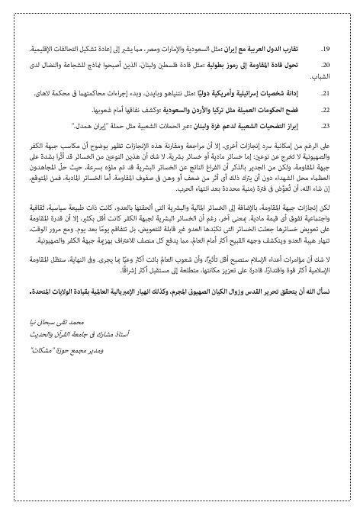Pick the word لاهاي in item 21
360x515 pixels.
[47, 92]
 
